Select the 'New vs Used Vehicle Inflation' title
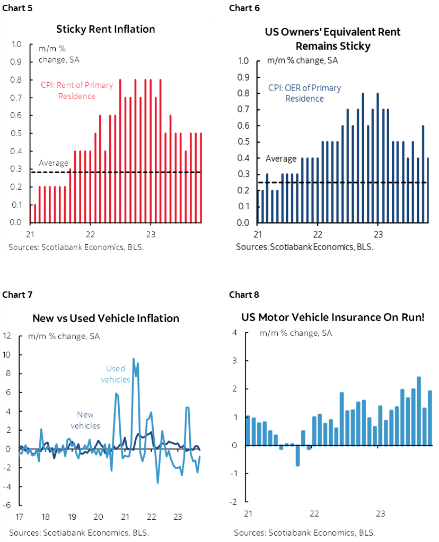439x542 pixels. [106, 318]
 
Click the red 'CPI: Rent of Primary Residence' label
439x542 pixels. [77, 91]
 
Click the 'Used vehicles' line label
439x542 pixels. [116, 374]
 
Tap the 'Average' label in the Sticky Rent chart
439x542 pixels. [54, 163]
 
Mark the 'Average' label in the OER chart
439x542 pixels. [280, 158]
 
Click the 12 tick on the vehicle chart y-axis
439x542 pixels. [7, 335]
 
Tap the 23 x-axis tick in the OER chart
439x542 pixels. [377, 235]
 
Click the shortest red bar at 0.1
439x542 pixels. [35, 213]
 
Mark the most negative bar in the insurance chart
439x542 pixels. [297, 455]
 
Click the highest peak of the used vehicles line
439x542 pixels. [133, 359]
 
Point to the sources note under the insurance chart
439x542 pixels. [302, 532]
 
